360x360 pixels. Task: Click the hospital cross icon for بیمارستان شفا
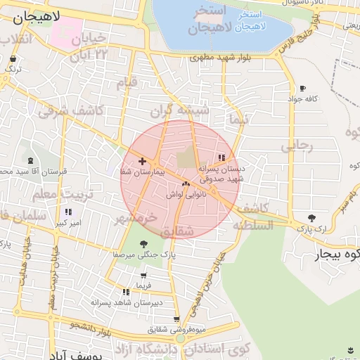(x=142, y=161)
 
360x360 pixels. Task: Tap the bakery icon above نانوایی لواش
(x=186, y=184)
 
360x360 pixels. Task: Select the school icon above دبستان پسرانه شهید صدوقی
(x=222, y=157)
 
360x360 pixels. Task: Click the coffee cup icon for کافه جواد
(x=302, y=89)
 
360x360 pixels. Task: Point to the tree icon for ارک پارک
(x=311, y=218)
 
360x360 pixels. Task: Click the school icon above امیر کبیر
(x=68, y=212)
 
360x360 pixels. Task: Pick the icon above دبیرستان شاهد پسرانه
(x=126, y=292)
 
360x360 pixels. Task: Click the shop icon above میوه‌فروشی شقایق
(x=176, y=320)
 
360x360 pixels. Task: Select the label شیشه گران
(x=189, y=110)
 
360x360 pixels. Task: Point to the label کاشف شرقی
(x=70, y=110)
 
